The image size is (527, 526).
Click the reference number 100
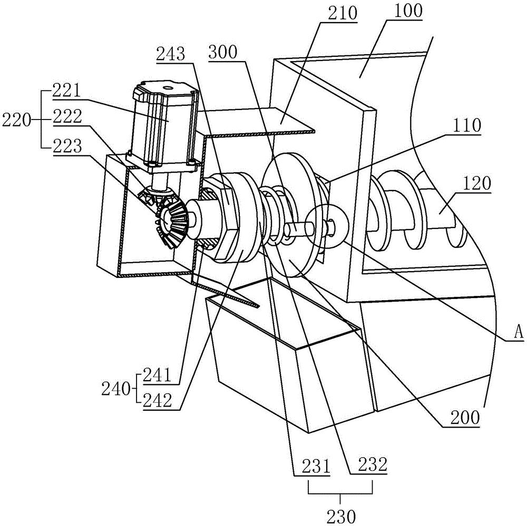408,11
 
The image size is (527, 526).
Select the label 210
343,14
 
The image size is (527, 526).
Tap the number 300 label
223,53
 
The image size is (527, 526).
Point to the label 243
170,53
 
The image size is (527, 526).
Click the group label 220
16,120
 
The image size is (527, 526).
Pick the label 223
67,146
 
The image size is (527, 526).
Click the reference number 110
467,125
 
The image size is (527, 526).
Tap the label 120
476,184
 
